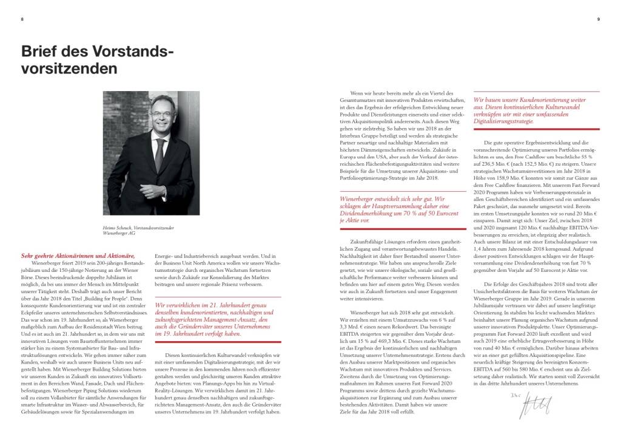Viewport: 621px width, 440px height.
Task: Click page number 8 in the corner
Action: (22, 19)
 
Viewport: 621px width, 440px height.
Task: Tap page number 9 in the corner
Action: (598, 19)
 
